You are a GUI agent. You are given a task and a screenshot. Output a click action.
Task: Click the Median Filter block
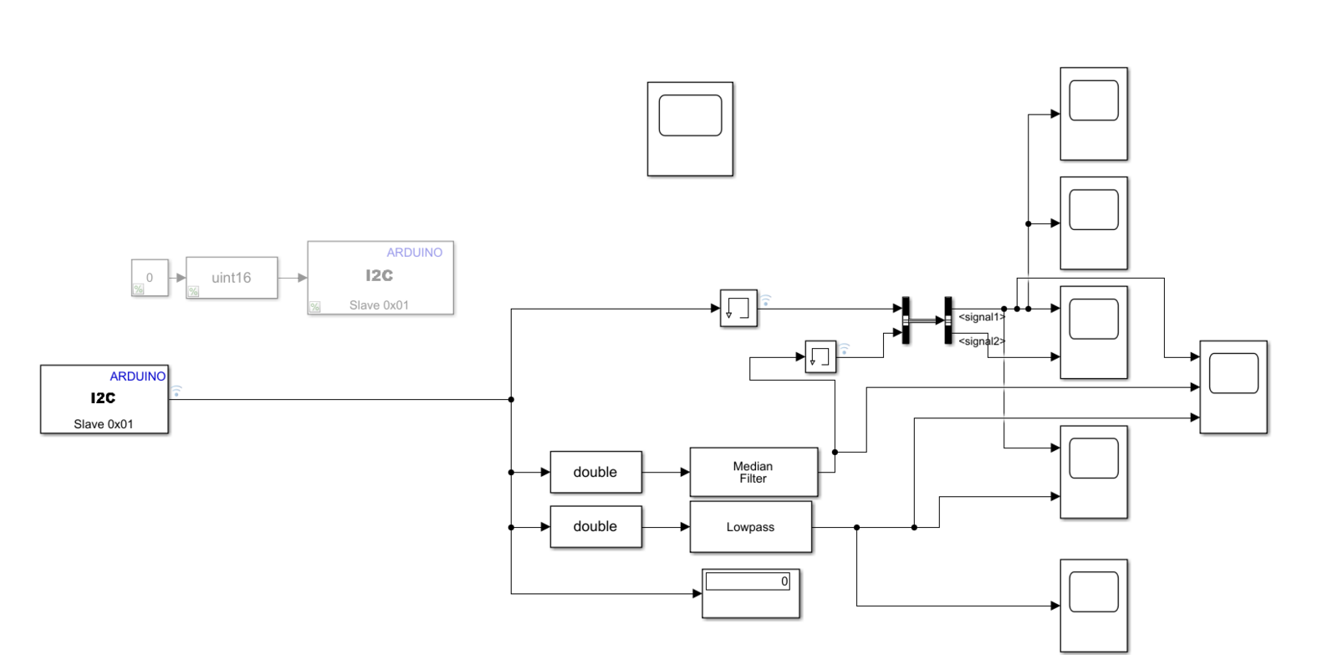[x=753, y=473]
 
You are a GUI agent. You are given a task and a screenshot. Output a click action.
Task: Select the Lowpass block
[x=750, y=527]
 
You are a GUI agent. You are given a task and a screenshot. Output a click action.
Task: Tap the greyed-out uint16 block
[x=231, y=278]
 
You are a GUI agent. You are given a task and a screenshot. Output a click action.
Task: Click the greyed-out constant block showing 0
[x=150, y=278]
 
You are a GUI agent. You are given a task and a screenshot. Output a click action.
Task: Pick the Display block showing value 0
[x=750, y=593]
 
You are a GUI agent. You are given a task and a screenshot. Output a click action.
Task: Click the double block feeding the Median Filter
[x=595, y=473]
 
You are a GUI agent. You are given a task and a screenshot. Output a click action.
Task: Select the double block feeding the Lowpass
[x=595, y=527]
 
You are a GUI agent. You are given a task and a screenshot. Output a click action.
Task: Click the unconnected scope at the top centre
[x=690, y=129]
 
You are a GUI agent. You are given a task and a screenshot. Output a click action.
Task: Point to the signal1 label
[x=981, y=317]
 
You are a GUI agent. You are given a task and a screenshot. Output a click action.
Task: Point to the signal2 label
[x=981, y=341]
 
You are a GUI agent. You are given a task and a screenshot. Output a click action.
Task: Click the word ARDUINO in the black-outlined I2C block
[x=138, y=376]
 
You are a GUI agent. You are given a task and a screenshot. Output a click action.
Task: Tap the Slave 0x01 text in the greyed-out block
[x=379, y=305]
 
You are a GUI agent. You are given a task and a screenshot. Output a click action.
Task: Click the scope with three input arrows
[x=1233, y=386]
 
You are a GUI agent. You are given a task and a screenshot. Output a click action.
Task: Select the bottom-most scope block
[x=1094, y=606]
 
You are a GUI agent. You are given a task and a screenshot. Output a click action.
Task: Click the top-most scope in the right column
[x=1094, y=114]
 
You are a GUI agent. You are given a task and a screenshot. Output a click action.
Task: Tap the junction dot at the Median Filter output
[x=835, y=453]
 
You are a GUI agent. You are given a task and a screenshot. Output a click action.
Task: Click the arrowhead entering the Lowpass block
[x=685, y=527]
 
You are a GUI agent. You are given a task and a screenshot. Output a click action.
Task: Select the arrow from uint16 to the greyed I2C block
[x=293, y=278]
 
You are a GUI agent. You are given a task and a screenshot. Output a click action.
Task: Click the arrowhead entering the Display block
[x=697, y=594]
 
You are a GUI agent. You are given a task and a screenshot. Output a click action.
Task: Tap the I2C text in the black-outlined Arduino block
[x=103, y=398]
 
